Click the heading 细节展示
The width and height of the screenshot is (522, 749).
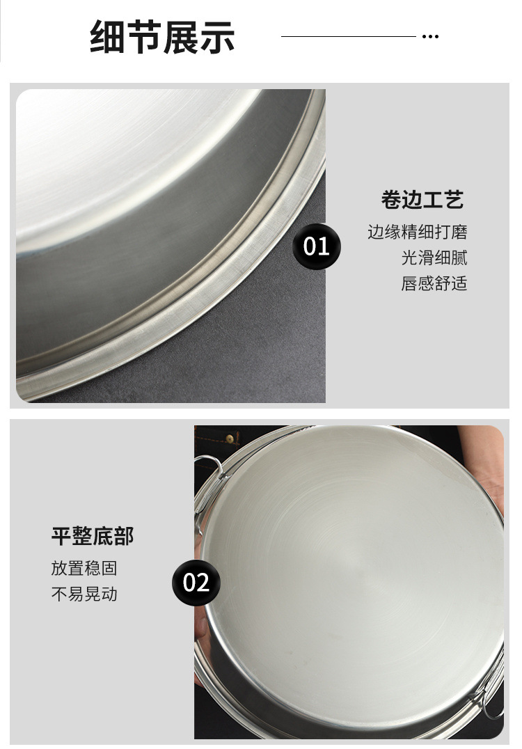click(162, 37)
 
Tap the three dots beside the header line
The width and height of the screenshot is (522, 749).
click(430, 36)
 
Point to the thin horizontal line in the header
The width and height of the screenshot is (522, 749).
click(348, 36)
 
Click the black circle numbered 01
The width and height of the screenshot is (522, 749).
click(317, 246)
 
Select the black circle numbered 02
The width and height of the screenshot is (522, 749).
click(196, 582)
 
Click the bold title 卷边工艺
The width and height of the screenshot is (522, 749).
click(422, 200)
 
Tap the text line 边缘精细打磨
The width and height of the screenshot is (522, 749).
click(418, 232)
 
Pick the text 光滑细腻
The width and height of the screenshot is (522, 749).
click(434, 258)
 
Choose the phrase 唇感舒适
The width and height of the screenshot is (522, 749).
click(434, 283)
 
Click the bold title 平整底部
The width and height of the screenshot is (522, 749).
click(92, 536)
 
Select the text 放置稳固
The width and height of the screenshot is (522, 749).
click(84, 568)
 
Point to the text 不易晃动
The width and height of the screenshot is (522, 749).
click(84, 594)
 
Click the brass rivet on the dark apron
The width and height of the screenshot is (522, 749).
click(229, 439)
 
